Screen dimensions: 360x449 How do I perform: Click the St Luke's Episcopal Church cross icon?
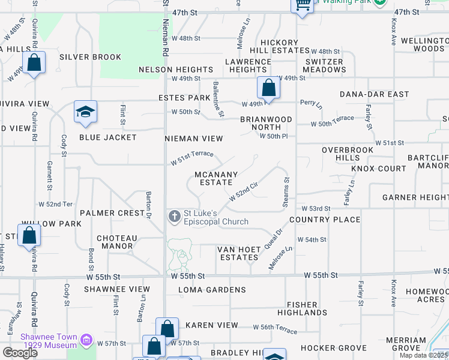(x=174, y=216)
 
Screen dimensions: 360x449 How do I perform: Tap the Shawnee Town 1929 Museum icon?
(x=86, y=341)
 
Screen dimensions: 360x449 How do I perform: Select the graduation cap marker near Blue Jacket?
(x=85, y=112)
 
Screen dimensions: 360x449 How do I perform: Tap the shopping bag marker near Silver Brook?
(x=34, y=62)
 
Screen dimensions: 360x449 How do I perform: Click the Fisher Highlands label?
(x=303, y=308)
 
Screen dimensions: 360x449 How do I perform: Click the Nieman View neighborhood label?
(x=194, y=139)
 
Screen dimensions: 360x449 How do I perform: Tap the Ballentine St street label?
(x=218, y=100)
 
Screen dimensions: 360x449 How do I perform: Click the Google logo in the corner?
(x=20, y=352)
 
